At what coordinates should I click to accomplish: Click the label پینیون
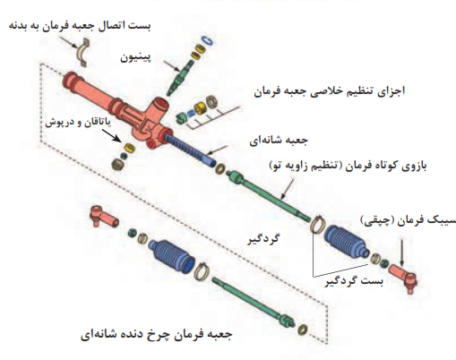[x=135, y=57]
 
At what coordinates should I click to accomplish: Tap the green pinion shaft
[x=180, y=76]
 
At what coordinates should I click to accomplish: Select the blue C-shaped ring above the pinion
[x=208, y=41]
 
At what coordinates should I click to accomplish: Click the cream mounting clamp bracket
[x=82, y=53]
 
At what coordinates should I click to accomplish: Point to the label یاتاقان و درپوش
[x=78, y=123]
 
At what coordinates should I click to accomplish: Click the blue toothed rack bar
[x=191, y=150]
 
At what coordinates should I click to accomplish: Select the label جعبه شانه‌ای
[x=279, y=141]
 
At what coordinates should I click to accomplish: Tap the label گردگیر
[x=263, y=239]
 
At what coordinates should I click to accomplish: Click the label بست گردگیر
[x=354, y=281]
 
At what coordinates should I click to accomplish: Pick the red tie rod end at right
[x=404, y=276]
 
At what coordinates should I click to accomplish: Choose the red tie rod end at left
[x=103, y=216]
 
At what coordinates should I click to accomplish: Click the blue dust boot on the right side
[x=347, y=241]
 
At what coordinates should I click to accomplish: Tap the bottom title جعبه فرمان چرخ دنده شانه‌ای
[x=156, y=335]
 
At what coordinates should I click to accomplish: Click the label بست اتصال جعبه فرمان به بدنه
[x=80, y=26]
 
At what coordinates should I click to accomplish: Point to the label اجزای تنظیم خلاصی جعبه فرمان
[x=330, y=91]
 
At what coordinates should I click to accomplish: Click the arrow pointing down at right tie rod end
[x=401, y=253]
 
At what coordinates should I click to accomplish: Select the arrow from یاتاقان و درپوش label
[x=112, y=135]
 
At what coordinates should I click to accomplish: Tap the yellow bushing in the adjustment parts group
[x=200, y=108]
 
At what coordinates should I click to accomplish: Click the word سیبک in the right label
[x=442, y=220]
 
